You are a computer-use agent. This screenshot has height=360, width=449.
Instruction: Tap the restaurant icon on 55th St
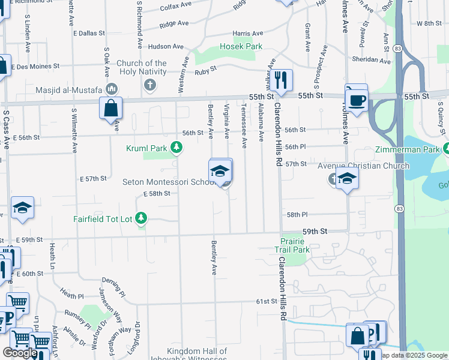280,79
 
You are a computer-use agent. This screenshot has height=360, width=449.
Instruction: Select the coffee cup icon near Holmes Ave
357,98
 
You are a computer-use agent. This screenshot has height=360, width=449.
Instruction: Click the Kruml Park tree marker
176,147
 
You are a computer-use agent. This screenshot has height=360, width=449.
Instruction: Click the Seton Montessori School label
168,182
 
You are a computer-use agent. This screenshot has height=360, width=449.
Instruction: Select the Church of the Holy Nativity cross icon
150,85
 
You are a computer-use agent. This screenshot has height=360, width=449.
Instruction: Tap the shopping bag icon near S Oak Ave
111,109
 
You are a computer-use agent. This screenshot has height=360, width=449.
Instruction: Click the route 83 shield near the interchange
399,47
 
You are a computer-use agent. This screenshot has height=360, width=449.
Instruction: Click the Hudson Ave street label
166,46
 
